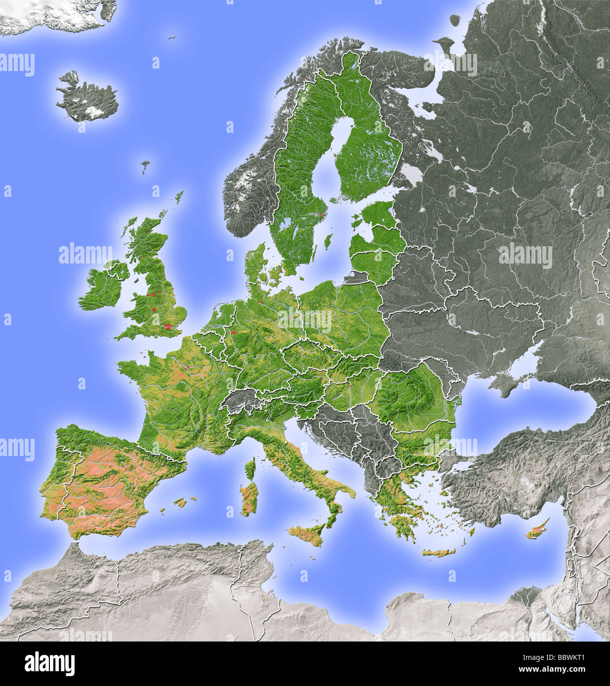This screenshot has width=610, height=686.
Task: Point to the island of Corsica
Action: coord(251,467)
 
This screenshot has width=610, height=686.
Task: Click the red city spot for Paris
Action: coord(187,367)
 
